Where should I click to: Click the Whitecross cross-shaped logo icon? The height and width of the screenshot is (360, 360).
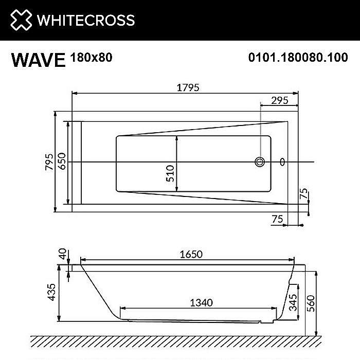20,20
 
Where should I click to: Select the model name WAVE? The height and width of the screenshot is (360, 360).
38,60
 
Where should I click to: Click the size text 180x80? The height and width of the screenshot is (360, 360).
90,57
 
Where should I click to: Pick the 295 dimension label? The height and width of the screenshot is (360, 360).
279,101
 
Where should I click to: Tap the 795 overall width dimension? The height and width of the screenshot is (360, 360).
49,162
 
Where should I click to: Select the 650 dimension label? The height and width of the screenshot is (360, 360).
61,162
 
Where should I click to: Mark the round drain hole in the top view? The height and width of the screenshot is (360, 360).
259,163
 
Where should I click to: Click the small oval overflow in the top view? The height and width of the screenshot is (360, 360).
282,163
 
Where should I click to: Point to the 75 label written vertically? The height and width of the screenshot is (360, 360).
303,194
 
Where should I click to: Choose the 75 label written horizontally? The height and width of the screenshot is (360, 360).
277,219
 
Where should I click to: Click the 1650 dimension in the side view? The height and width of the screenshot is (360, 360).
191,254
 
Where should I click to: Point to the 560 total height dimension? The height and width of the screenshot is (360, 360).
323,300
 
